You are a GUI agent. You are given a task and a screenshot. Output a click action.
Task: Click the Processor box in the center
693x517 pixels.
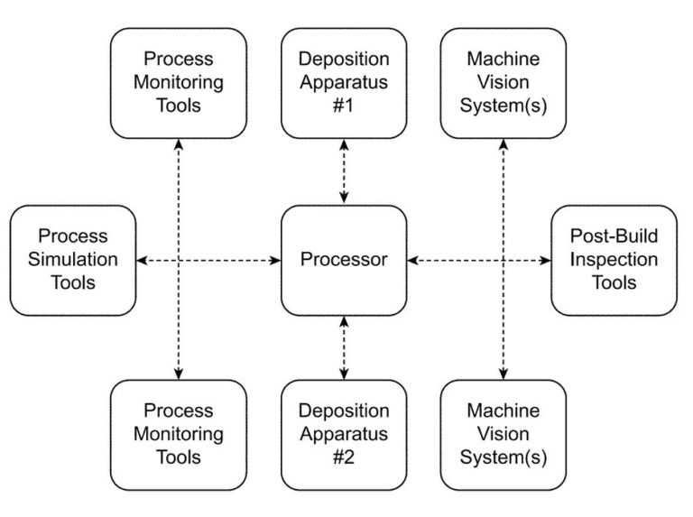343,260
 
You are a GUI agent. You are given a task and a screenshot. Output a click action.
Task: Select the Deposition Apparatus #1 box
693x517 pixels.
343,82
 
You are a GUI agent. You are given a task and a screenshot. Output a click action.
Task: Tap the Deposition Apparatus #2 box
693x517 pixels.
343,434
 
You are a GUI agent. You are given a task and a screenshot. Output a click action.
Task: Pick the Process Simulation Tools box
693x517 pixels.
73,260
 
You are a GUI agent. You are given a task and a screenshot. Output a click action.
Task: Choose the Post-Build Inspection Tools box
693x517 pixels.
614,260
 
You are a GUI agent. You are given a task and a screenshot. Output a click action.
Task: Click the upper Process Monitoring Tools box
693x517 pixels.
179,82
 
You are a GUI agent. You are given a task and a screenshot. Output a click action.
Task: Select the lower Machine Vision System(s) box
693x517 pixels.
504,434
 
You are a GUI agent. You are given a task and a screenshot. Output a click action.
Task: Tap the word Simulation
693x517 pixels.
73,260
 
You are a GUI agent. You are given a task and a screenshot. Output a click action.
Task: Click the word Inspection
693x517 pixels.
614,260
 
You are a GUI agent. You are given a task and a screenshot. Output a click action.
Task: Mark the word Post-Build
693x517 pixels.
614,236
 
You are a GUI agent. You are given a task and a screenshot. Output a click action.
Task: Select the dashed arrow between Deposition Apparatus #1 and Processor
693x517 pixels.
343,171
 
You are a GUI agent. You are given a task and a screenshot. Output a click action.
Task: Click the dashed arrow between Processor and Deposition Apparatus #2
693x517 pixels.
343,347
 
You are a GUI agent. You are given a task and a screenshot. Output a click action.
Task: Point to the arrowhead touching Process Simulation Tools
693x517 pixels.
143,260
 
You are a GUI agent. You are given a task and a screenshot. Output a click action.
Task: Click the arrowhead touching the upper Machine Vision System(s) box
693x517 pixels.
504,144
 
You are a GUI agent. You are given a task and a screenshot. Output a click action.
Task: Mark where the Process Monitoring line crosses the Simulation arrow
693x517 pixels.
179,260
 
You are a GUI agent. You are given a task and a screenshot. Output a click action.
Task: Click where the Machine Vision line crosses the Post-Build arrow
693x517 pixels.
504,260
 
